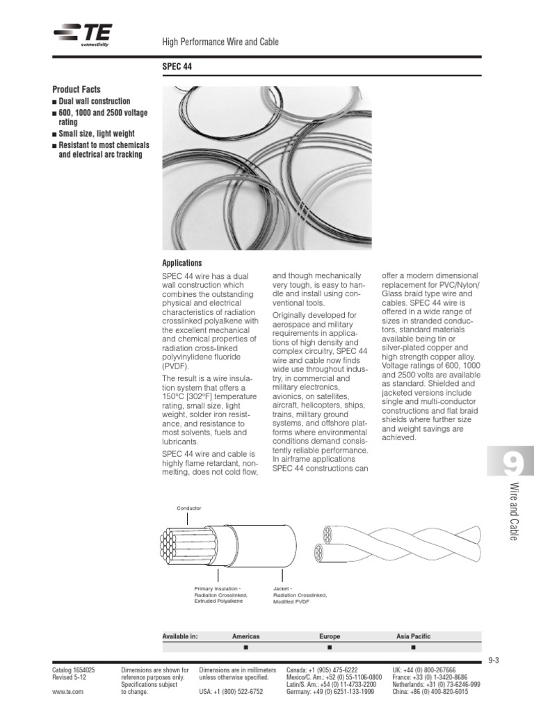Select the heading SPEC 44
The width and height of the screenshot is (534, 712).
pyautogui.click(x=177, y=67)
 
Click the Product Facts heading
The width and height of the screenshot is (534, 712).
pyautogui.click(x=76, y=90)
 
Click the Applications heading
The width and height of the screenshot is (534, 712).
pyautogui.click(x=181, y=264)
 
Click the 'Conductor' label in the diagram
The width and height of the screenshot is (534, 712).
pyautogui.click(x=189, y=508)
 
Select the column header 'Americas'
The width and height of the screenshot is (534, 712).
pyautogui.click(x=245, y=636)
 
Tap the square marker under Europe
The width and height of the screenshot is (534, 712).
pyautogui.click(x=330, y=647)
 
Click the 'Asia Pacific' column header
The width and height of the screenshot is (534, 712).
pyautogui.click(x=413, y=636)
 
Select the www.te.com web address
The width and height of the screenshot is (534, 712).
pyautogui.click(x=68, y=692)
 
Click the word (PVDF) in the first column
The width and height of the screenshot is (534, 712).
pyautogui.click(x=175, y=365)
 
